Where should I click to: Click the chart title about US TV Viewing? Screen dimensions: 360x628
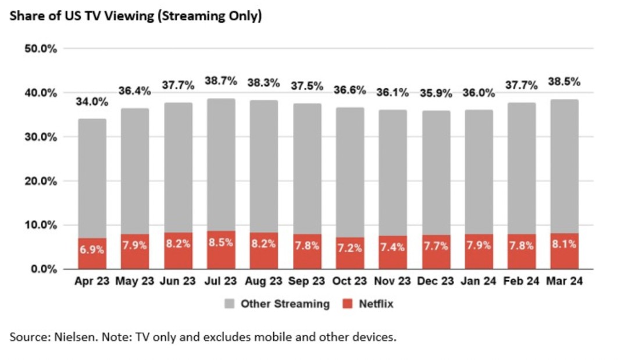point(135,16)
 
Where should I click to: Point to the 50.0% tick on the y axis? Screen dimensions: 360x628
point(41,49)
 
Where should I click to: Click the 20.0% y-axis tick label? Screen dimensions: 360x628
point(41,181)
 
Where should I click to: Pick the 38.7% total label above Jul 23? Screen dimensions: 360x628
point(221,81)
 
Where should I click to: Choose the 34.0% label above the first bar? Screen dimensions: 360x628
point(92,102)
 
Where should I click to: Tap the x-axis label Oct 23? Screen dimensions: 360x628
point(349,281)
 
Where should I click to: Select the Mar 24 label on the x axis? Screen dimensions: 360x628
point(564,281)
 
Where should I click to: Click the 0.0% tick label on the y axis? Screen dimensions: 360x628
point(43,269)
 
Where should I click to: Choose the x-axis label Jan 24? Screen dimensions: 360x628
point(479,281)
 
